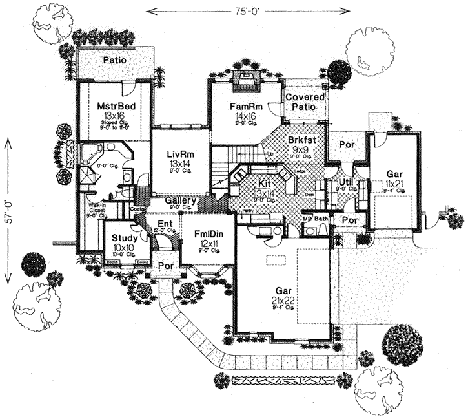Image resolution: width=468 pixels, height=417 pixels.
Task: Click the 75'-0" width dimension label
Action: pyautogui.click(x=248, y=10)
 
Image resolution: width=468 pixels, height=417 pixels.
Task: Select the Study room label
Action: pyautogui.click(x=120, y=239)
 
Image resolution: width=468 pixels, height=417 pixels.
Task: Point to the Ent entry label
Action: pyautogui.click(x=164, y=224)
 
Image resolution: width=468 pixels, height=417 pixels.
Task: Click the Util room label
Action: pyautogui.click(x=346, y=184)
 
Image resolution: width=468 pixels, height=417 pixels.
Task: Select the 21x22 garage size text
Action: pyautogui.click(x=283, y=303)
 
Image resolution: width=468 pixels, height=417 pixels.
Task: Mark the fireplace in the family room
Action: pyautogui.click(x=246, y=81)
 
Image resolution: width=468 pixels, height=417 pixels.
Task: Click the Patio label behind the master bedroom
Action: pyautogui.click(x=114, y=60)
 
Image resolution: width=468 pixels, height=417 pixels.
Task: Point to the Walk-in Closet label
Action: pyautogui.click(x=97, y=208)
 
